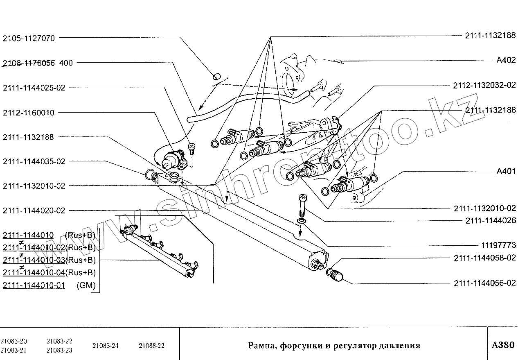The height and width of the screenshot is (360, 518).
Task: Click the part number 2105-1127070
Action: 29,38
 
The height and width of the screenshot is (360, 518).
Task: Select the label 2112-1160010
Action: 29,113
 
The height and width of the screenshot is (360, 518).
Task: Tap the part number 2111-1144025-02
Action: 34,88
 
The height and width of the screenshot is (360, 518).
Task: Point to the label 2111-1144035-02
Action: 34,162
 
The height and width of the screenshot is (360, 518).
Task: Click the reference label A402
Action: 506,61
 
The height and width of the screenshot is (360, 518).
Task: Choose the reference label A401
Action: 506,172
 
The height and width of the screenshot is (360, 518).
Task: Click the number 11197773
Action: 496,246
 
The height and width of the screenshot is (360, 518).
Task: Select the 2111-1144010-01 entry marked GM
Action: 34,285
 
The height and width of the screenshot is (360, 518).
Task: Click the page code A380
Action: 502,345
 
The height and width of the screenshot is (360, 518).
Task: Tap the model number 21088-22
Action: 152,346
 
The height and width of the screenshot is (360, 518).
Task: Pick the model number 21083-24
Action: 106,346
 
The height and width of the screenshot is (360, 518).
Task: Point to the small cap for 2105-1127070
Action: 217,76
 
